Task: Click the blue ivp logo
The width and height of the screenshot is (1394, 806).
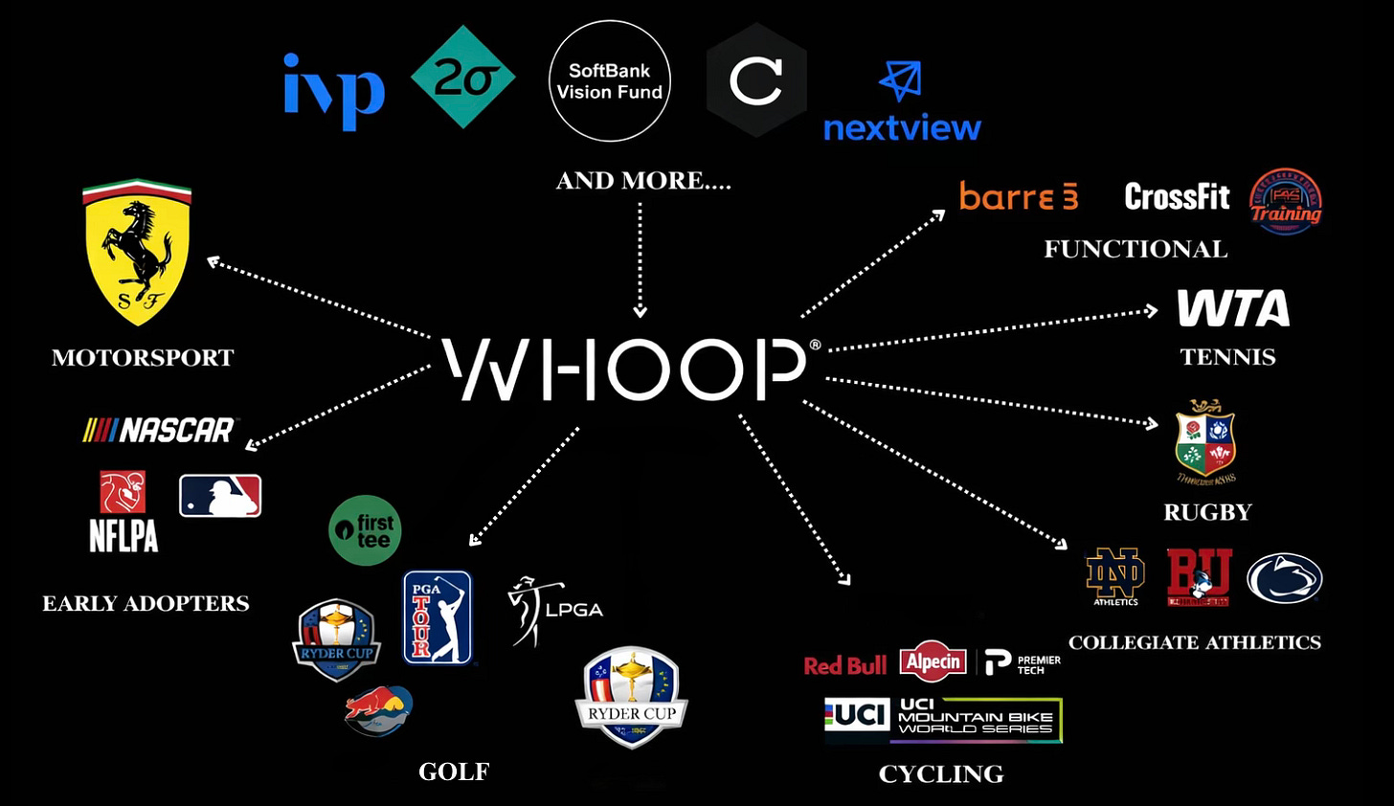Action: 334,90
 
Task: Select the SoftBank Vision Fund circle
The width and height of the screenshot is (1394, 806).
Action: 609,81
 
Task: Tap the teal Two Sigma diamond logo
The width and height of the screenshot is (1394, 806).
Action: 463,78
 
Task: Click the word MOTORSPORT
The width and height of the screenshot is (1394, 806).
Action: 143,358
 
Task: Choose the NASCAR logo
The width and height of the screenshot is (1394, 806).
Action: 159,431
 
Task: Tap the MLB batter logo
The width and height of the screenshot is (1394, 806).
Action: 220,496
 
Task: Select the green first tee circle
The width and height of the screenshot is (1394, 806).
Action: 365,529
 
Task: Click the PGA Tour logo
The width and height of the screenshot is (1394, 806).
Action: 438,617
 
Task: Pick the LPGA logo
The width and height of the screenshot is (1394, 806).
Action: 555,611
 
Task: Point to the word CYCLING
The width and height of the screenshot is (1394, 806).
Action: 941,774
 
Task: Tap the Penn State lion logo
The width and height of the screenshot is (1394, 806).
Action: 1284,578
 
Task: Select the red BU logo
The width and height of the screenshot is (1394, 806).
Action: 1199,577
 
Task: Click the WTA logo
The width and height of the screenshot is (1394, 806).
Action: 1233,308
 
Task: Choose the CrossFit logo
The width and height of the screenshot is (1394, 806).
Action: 1177,197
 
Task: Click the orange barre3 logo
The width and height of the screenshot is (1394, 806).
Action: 1019,196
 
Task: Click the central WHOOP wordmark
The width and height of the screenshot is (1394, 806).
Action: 628,369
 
